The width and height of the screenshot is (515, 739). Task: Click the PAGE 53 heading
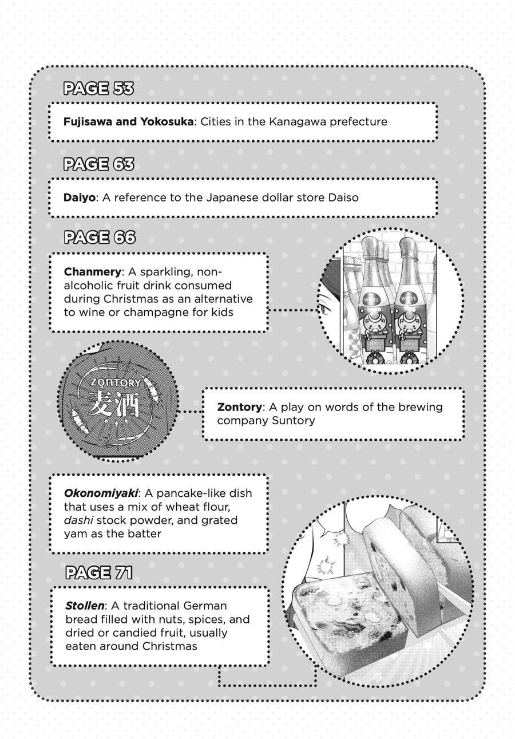pyautogui.click(x=98, y=89)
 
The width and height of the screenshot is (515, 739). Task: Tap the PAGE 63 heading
pyautogui.click(x=98, y=164)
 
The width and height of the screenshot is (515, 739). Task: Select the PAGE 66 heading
pyautogui.click(x=99, y=238)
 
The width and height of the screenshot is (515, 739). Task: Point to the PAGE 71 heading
pyautogui.click(x=99, y=572)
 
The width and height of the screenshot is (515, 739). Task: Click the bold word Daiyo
pyautogui.click(x=79, y=197)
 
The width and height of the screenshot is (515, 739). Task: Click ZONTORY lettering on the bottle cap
pyautogui.click(x=116, y=382)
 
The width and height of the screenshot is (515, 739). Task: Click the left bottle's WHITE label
pyautogui.click(x=370, y=299)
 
